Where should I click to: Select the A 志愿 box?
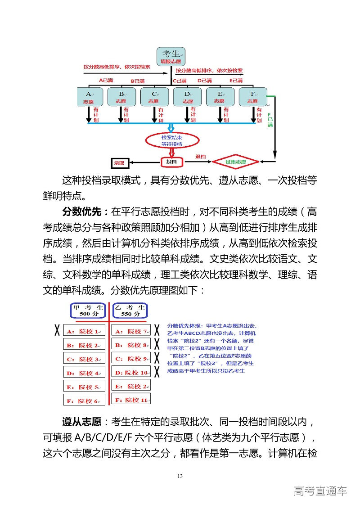pos(89,97)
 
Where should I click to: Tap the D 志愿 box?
pos(187,97)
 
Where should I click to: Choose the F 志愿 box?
pos(253,97)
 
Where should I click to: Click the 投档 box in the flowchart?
pos(171,162)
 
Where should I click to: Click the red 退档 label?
pos(200,157)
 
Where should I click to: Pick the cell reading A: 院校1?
pos(84,331)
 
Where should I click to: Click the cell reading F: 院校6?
pos(84,401)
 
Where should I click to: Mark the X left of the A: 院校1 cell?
pos(57,331)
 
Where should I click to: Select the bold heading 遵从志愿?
pos(81,422)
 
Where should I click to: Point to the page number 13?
pos(180,477)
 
